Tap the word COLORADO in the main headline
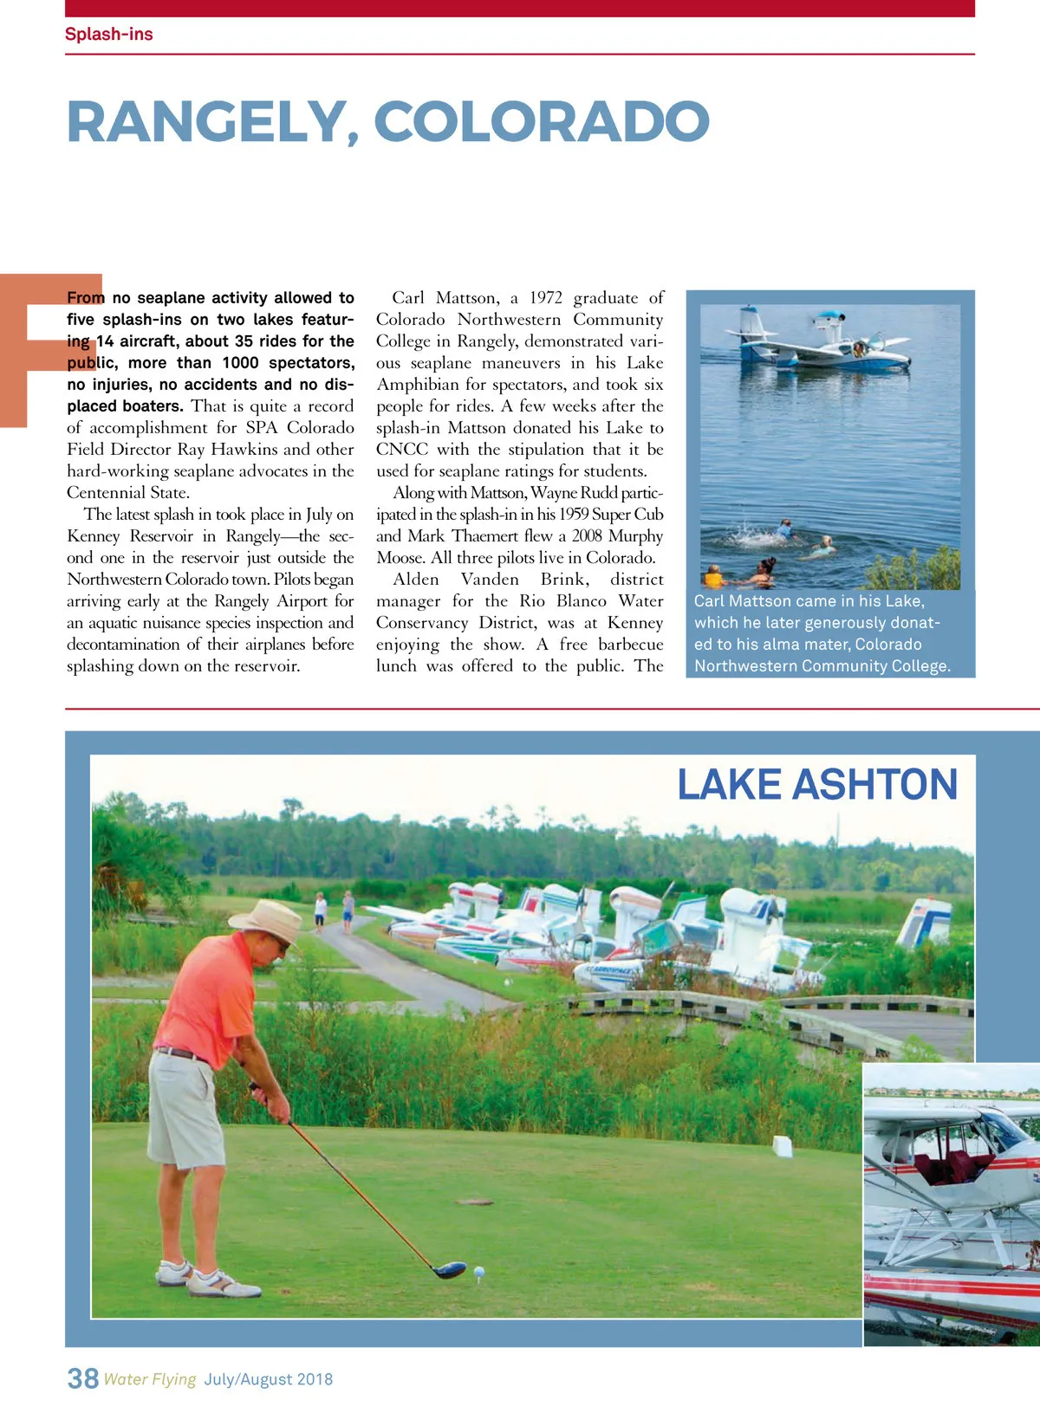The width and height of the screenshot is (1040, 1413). point(542,122)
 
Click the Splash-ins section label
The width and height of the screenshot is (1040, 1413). point(108,34)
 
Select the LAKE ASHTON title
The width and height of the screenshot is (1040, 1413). point(816,785)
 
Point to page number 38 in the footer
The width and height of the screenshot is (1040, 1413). point(82,1377)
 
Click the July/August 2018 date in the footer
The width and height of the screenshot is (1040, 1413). point(269,1379)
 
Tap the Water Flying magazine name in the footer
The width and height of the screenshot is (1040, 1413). point(150,1379)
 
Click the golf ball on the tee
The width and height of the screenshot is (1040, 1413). point(478,1272)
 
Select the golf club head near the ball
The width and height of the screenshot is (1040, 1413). point(449,1270)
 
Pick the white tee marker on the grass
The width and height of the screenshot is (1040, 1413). point(783,1145)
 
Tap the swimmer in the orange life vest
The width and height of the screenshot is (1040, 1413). point(713,577)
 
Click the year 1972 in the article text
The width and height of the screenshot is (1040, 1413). point(546,298)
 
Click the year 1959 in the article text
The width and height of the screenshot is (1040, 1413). point(573,515)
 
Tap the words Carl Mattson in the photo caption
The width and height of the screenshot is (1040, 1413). point(735,601)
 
